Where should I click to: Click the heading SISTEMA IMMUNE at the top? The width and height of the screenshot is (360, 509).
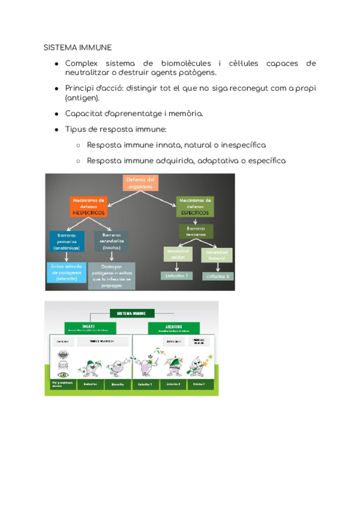[77, 47]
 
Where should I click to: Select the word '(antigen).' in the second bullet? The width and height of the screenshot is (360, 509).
[83, 98]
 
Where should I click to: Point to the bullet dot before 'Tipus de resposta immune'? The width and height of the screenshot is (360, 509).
[56, 130]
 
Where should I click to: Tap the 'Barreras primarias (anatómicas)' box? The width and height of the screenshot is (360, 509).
[67, 241]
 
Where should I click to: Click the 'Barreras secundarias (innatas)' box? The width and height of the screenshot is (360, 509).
[112, 241]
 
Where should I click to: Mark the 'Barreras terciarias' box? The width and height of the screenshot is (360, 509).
[196, 231]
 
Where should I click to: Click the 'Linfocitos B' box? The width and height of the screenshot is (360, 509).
[217, 276]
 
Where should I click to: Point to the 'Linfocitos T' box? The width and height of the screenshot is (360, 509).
[175, 276]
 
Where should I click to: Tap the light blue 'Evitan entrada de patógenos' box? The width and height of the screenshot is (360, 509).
[67, 272]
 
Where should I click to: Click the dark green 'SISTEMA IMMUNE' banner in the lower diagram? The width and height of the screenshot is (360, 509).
[132, 313]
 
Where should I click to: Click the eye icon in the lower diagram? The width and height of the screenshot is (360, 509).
[62, 355]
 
